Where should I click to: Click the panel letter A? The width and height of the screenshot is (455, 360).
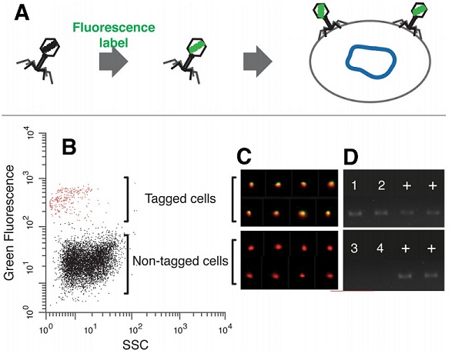tap(22, 14)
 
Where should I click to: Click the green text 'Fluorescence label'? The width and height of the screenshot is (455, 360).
tap(114, 35)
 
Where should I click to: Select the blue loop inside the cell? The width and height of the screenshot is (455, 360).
tap(370, 62)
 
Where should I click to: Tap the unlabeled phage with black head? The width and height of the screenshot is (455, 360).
tap(38, 60)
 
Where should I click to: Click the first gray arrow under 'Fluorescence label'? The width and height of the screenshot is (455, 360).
tap(113, 62)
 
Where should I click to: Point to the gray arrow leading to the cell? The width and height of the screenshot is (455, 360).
tap(257, 62)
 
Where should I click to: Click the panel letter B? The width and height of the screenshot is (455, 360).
tap(69, 148)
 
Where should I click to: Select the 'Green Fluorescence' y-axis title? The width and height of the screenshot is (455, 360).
tap(9, 222)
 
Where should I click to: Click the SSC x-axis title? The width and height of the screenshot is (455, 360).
tap(135, 345)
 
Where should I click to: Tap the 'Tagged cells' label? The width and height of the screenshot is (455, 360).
tap(180, 198)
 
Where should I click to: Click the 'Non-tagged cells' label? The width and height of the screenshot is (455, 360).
tap(180, 262)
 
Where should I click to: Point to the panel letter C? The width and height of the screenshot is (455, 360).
tap(244, 157)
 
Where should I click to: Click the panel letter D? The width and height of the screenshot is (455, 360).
tap(350, 157)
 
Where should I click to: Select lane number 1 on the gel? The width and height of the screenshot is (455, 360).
tap(354, 185)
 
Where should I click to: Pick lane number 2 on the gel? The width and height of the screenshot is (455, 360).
tap(381, 185)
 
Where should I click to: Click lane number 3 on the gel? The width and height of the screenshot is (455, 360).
tap(354, 248)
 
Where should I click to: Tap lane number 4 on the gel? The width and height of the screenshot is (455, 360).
tap(380, 248)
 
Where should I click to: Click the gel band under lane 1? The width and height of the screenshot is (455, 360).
tap(355, 214)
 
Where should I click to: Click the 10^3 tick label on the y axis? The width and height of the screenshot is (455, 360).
tap(31, 178)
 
